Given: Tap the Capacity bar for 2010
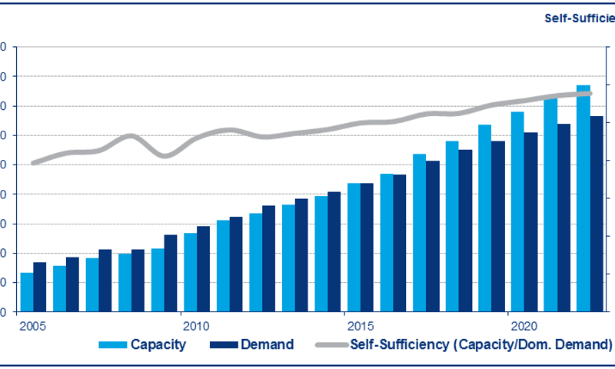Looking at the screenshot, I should click(190, 272).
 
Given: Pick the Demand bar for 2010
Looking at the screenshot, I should click(203, 269).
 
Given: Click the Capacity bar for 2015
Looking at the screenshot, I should click(354, 248).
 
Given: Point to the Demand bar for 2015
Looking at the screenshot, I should click(367, 248).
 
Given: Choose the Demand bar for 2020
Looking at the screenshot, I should click(530, 222).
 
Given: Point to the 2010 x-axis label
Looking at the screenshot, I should click(196, 325).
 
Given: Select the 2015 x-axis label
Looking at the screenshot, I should click(360, 325).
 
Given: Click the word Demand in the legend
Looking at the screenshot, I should click(268, 344).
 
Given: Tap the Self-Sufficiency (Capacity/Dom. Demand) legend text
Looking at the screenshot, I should click(481, 344).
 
